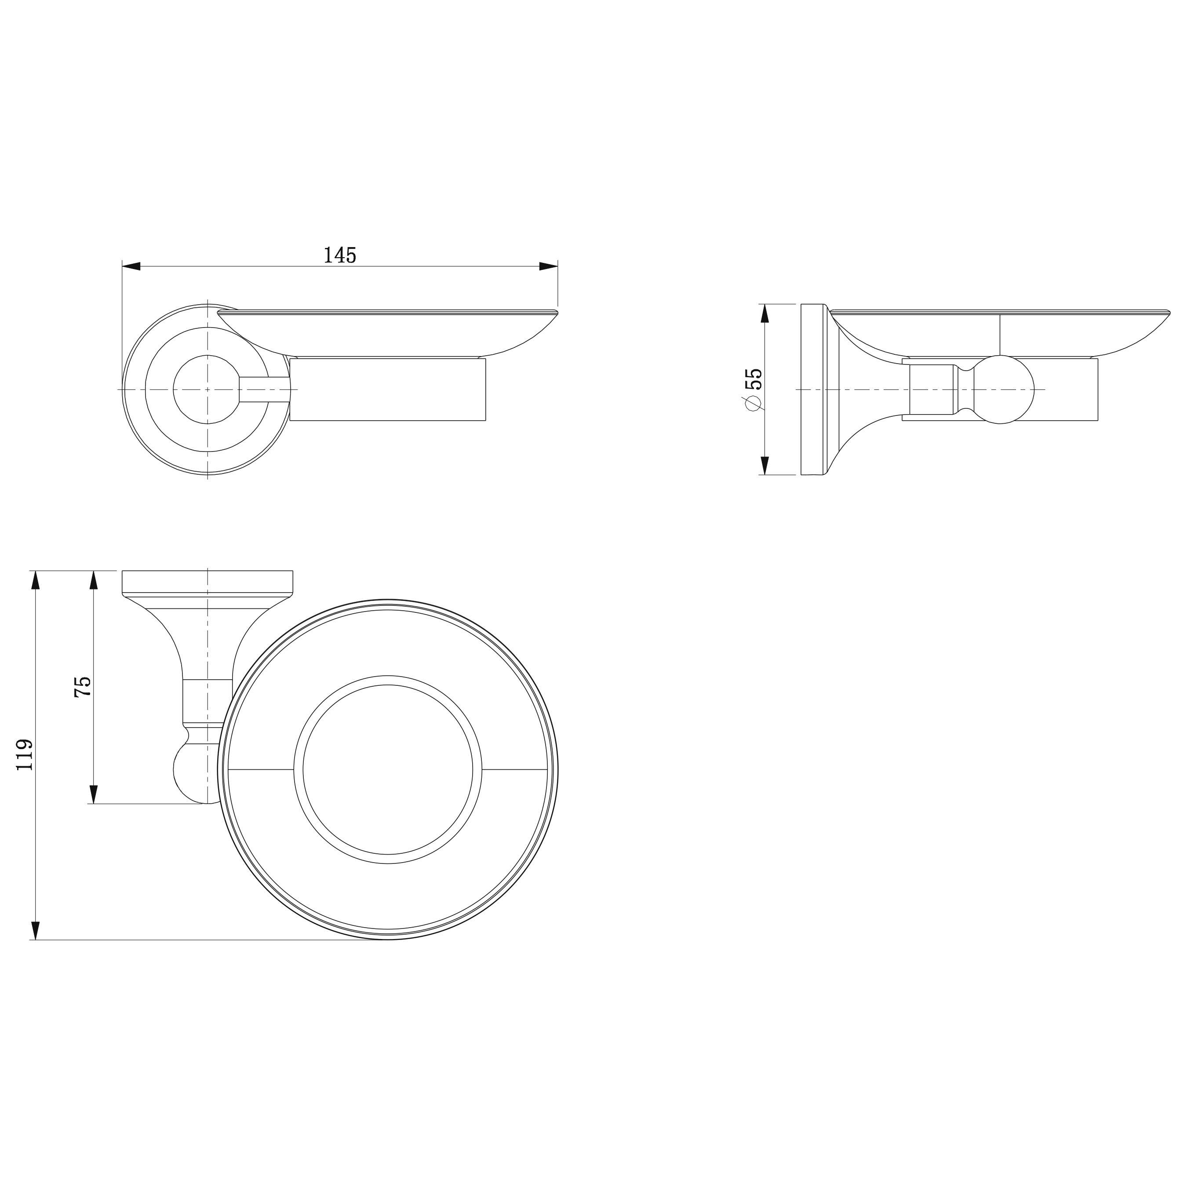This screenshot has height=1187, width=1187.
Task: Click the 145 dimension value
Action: tap(340, 255)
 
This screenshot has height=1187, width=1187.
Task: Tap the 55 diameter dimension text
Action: tap(753, 379)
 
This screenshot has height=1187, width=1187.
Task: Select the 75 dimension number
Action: tap(82, 686)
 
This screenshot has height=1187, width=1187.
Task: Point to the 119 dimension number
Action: tap(25, 755)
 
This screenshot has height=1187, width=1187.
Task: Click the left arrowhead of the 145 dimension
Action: tap(131, 266)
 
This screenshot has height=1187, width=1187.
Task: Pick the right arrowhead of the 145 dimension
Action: tap(548, 266)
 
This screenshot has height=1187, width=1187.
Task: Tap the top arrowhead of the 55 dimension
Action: tap(765, 313)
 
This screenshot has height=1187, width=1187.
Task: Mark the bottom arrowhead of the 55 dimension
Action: tap(765, 465)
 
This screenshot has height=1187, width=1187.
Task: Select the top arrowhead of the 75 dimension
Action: tap(94, 581)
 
